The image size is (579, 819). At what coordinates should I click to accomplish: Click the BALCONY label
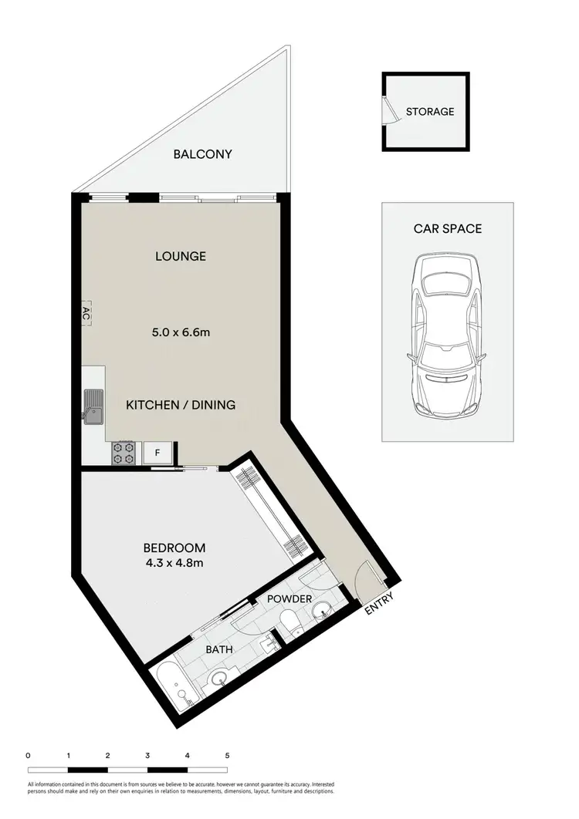point(202,154)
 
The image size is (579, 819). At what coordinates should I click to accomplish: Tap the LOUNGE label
point(180,256)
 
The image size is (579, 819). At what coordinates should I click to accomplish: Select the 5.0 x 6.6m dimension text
point(181,333)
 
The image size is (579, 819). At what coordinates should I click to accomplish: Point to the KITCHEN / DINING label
point(181,404)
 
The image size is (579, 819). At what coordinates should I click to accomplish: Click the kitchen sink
point(93,406)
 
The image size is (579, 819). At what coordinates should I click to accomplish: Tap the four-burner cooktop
point(124,452)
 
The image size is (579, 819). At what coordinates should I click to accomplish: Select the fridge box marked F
point(157,453)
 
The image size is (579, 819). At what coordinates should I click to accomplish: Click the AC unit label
point(86,313)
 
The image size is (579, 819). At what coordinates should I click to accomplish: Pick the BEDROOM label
point(174,548)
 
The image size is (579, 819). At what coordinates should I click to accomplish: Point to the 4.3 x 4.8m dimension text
point(174,563)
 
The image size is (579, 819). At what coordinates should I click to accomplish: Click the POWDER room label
point(289,599)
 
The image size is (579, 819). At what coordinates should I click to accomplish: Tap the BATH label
point(218,650)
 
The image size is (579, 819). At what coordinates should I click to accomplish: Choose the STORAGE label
point(430,111)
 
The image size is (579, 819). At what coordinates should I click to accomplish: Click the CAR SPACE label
point(448,228)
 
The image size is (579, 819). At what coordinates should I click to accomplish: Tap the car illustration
point(447,336)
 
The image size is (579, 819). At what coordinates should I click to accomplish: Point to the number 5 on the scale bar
point(227,755)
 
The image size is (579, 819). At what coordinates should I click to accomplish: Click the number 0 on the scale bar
point(28,755)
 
